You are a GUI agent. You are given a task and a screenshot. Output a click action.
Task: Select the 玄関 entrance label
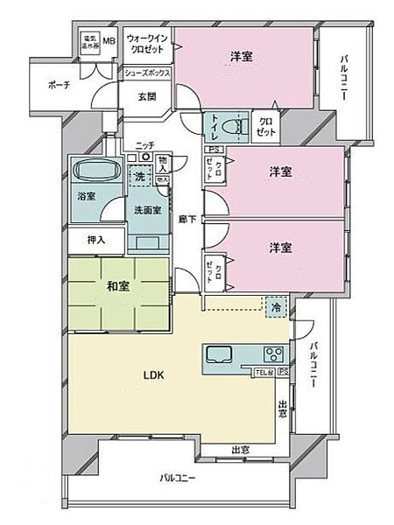(x=146, y=97)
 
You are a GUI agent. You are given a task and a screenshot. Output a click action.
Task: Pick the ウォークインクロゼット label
(x=147, y=45)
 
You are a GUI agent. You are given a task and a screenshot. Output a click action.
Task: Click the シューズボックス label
(x=147, y=73)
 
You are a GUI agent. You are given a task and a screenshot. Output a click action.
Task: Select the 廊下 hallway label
(x=186, y=219)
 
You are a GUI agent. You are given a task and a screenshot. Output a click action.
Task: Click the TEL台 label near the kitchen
(x=262, y=373)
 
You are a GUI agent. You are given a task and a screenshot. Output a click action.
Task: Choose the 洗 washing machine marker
(x=138, y=177)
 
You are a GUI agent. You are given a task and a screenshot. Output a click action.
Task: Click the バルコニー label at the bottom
(x=178, y=478)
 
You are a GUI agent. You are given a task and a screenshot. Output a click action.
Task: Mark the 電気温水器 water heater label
(x=89, y=42)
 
